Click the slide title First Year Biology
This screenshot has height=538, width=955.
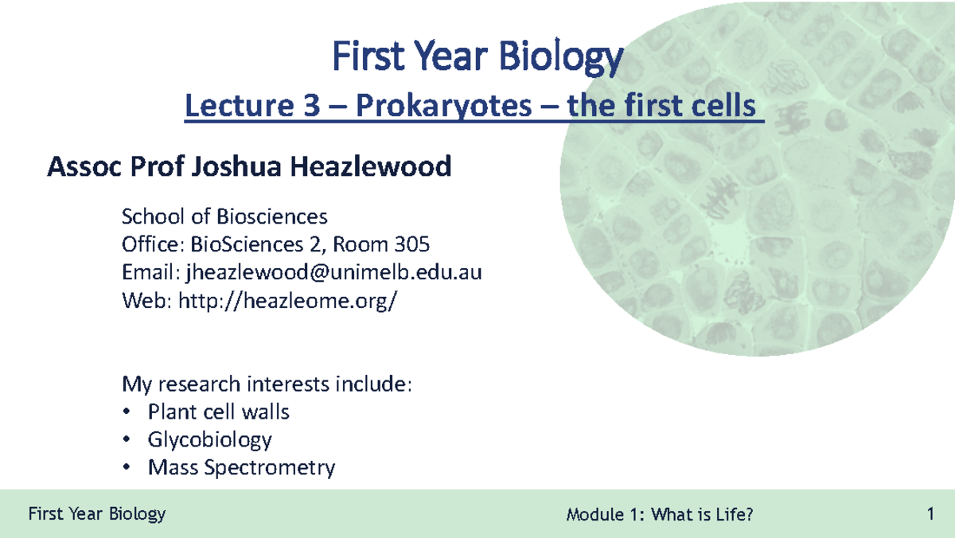point(477,58)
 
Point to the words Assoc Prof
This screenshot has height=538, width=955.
point(107,167)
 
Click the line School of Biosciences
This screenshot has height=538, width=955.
point(224,216)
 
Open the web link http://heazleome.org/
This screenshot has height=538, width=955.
point(286,302)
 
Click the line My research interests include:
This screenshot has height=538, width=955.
point(267,385)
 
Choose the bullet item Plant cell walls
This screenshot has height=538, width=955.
point(218,412)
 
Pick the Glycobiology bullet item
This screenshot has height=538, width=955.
point(209,440)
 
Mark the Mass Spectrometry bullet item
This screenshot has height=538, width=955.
point(241,468)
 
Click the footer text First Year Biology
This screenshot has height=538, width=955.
point(96,513)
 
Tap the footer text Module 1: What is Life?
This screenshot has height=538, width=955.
point(660,515)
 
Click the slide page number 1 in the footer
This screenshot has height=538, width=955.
point(930,514)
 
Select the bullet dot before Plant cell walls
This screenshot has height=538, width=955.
point(125,412)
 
